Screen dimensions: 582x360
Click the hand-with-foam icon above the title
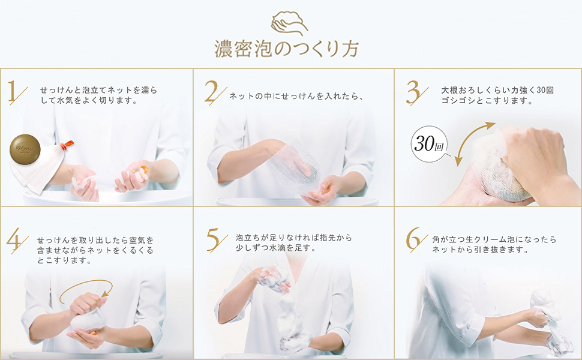(x=289, y=23)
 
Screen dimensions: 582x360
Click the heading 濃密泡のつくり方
(x=287, y=49)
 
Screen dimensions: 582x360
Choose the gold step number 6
(x=416, y=239)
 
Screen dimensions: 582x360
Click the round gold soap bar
(x=25, y=149)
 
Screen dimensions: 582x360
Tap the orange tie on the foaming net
(x=68, y=145)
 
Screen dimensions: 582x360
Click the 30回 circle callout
(x=430, y=143)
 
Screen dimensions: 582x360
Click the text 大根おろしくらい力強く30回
(x=497, y=90)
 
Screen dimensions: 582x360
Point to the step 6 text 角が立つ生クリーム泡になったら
(x=494, y=239)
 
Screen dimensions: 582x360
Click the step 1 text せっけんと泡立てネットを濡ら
(x=98, y=90)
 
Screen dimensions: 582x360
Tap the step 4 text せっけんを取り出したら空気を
(x=95, y=240)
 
